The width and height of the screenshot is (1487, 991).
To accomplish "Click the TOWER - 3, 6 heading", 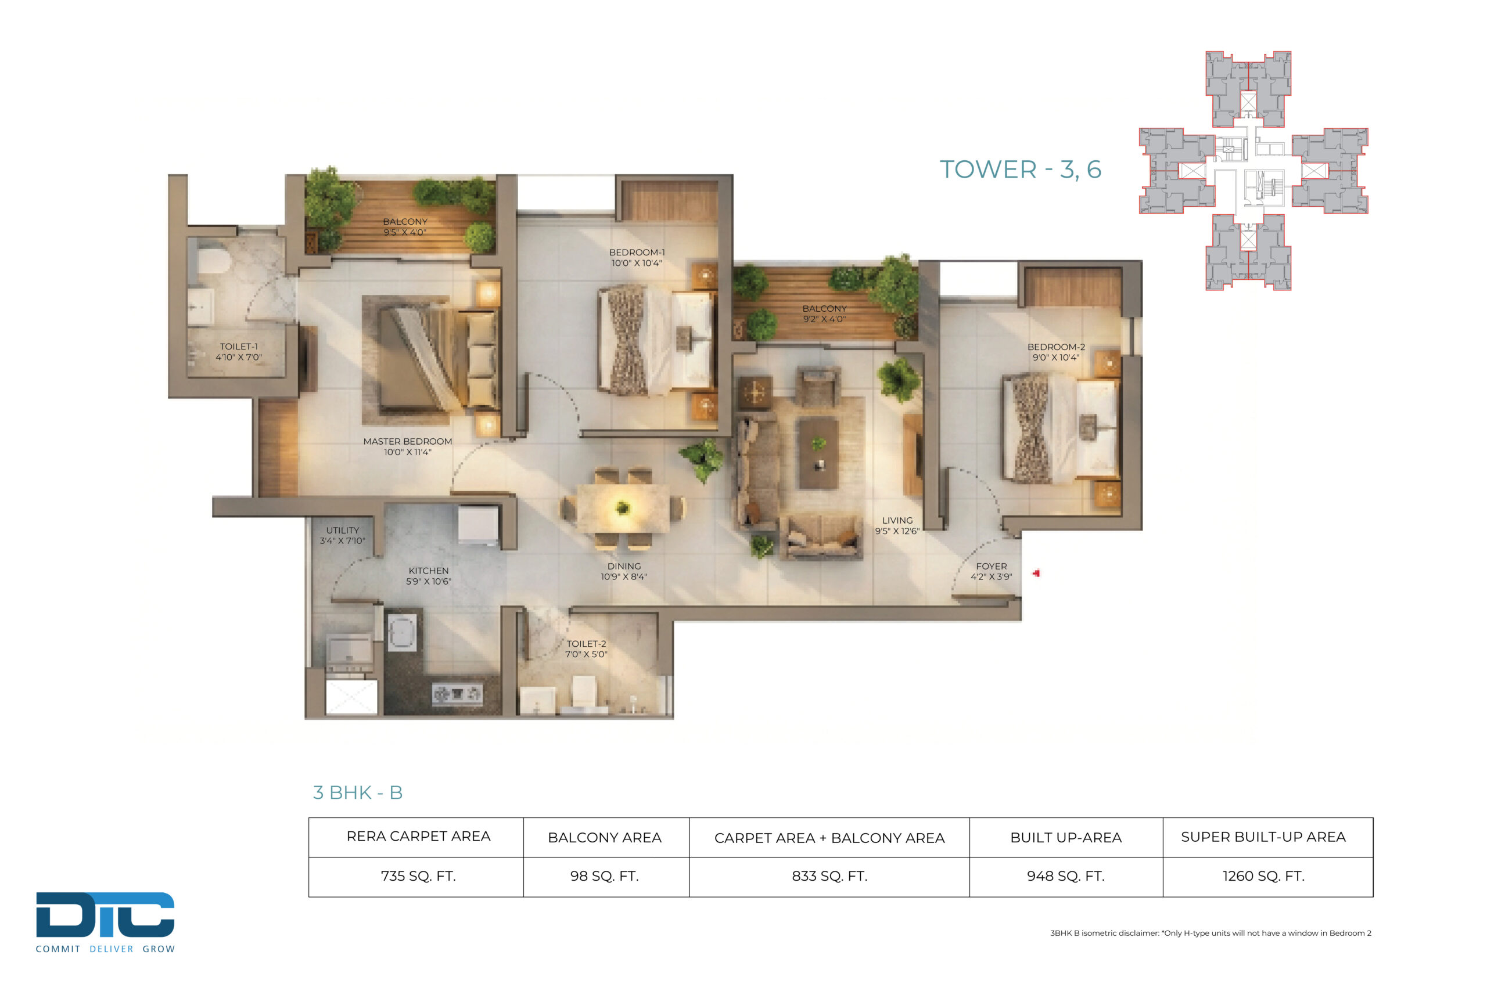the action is (x=1021, y=170).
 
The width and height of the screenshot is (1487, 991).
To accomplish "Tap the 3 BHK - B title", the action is (x=358, y=792).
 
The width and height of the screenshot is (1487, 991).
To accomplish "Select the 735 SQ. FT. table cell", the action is (x=418, y=876).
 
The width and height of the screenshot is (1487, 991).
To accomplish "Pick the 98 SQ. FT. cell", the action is (x=605, y=876).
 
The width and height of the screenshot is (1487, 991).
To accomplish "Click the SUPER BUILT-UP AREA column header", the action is (x=1263, y=837).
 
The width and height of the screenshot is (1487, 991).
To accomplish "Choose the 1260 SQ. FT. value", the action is (x=1263, y=876).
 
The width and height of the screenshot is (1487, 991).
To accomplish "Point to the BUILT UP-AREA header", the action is (x=1066, y=837).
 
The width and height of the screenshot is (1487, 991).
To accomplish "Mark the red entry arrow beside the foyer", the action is (x=1036, y=573).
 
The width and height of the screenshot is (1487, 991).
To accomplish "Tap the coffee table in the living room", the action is (x=820, y=453).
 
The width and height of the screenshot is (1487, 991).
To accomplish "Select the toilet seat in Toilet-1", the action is (x=213, y=260).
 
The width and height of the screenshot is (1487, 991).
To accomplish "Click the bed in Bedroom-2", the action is (x=1061, y=428).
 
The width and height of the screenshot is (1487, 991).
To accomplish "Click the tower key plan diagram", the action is (x=1253, y=171).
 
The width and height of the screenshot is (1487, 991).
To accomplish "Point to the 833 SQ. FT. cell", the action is (x=829, y=876).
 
